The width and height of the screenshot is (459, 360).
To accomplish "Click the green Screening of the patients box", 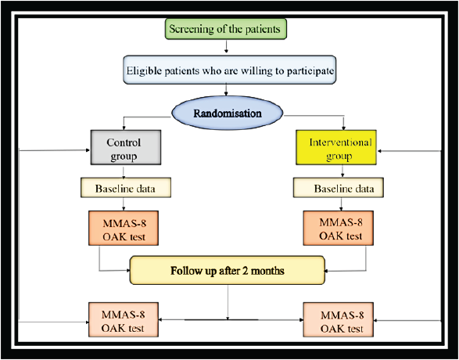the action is tap(226, 29).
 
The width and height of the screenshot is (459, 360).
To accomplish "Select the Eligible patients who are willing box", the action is tap(230, 70).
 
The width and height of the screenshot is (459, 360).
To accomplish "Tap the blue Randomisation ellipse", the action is tap(228, 113).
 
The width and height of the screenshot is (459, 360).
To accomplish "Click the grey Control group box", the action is tap(126, 147).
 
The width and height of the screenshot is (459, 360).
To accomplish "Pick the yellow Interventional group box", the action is tap(336, 147).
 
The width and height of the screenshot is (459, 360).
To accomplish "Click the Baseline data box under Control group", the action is tap(126, 188).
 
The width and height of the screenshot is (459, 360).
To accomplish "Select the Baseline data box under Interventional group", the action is tap(339, 188).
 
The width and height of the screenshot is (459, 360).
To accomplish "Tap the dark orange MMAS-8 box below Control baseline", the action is tap(124, 228).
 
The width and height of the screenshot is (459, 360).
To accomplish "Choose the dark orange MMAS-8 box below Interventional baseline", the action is tap(338, 228).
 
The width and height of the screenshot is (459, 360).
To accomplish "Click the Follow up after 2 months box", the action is tap(228, 270).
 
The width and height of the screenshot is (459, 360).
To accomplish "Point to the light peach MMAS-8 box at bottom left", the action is tap(124, 319).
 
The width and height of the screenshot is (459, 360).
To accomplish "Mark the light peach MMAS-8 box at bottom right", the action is tap(338, 319).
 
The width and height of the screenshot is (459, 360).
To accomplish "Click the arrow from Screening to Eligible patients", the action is tap(226, 46).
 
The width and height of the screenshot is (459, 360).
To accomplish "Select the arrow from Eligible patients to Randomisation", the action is tap(226, 90).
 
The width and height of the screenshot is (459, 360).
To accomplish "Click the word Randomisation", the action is tap(228, 113).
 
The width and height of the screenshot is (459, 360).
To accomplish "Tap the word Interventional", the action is tap(340, 142).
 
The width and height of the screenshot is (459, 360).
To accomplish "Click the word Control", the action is tap(124, 142).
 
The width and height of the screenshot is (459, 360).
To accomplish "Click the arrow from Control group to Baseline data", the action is tap(124, 171).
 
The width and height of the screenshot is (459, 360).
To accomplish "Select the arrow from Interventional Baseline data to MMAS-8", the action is tap(341, 204).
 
